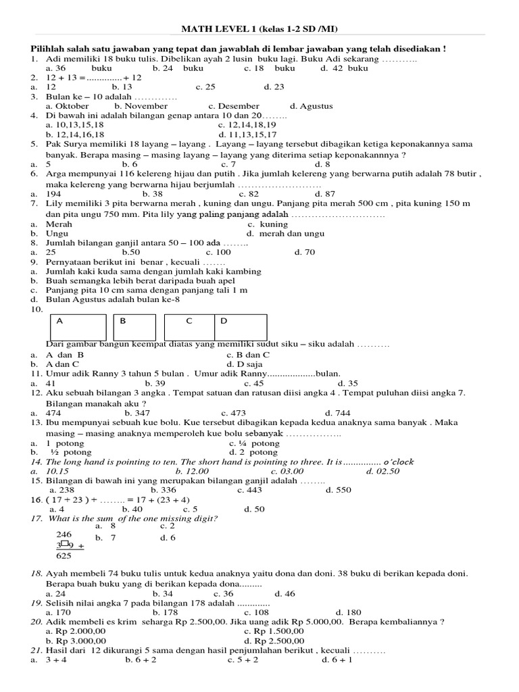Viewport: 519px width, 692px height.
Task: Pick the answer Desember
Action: [234, 106]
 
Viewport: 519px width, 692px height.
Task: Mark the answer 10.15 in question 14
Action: [57, 471]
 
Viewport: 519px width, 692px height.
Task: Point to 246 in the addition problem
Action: [64, 534]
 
